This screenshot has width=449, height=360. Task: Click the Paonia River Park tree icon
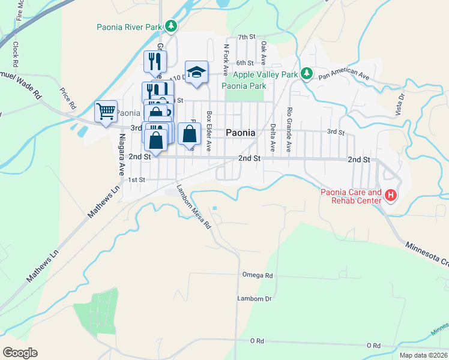[172, 26]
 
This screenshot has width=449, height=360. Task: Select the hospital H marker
[391, 195]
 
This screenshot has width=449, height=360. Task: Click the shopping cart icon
[106, 110]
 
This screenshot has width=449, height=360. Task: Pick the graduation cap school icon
[196, 72]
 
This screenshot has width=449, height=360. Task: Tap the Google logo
[20, 353]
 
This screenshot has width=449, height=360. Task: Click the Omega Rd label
[258, 275]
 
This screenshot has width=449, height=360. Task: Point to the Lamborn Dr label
[255, 299]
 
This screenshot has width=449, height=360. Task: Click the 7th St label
[246, 37]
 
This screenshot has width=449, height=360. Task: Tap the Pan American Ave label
[343, 74]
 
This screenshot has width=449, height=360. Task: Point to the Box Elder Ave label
[209, 130]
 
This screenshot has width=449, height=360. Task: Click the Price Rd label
[68, 98]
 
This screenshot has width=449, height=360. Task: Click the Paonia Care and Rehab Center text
[351, 196]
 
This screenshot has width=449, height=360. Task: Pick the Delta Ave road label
[273, 137]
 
